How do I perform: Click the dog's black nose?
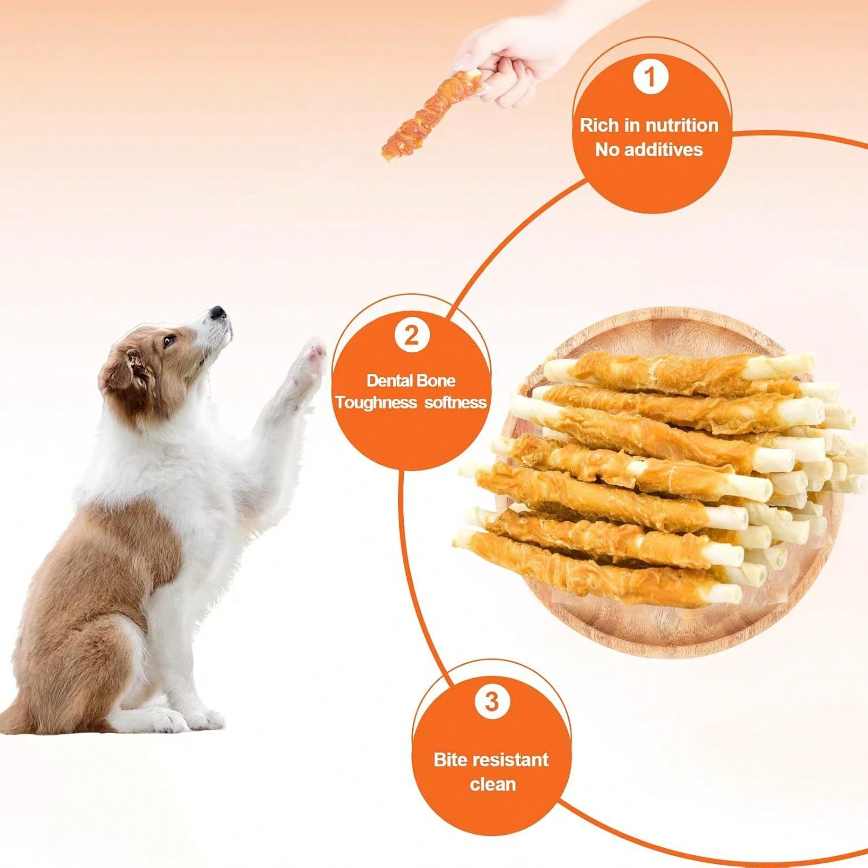click(x=218, y=313)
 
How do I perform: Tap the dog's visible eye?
click(x=168, y=341)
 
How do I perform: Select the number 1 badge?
click(x=650, y=77)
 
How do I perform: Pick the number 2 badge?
click(x=411, y=335)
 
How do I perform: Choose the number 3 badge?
click(x=491, y=701)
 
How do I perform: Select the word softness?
click(x=455, y=403)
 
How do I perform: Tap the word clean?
click(x=492, y=785)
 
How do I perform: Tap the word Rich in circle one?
click(x=599, y=125)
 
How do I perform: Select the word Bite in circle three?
click(x=450, y=759)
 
